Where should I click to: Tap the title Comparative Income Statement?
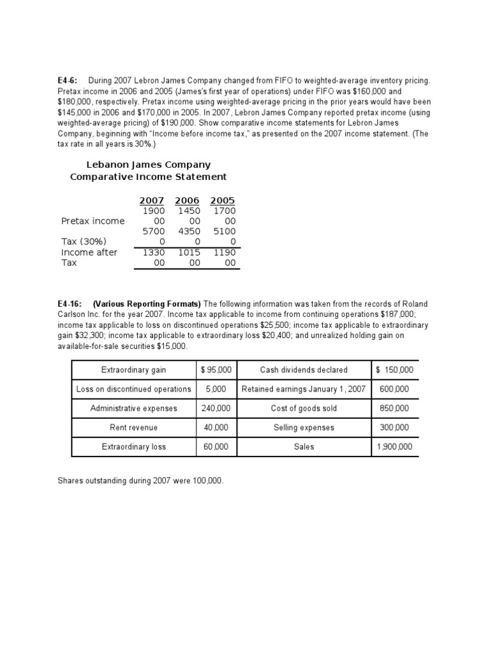pyautogui.click(x=148, y=177)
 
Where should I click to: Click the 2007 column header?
pyautogui.click(x=152, y=200)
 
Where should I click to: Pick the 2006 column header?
pyautogui.click(x=187, y=200)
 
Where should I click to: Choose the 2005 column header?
pyautogui.click(x=223, y=200)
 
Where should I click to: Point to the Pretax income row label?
pyautogui.click(x=93, y=221)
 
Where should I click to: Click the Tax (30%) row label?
pyautogui.click(x=84, y=241)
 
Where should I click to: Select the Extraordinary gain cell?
pyautogui.click(x=133, y=370)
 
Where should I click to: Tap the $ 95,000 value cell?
pyautogui.click(x=216, y=370)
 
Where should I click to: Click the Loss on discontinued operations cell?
pyautogui.click(x=133, y=389)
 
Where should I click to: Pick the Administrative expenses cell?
pyautogui.click(x=133, y=408)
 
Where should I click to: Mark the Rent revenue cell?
pyautogui.click(x=133, y=427)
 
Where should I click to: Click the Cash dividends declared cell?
pyautogui.click(x=304, y=370)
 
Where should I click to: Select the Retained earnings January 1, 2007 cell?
pyautogui.click(x=304, y=389)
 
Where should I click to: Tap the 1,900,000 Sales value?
pyautogui.click(x=394, y=447)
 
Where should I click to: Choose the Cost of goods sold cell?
pyautogui.click(x=304, y=408)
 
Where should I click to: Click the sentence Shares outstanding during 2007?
pyautogui.click(x=141, y=480)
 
